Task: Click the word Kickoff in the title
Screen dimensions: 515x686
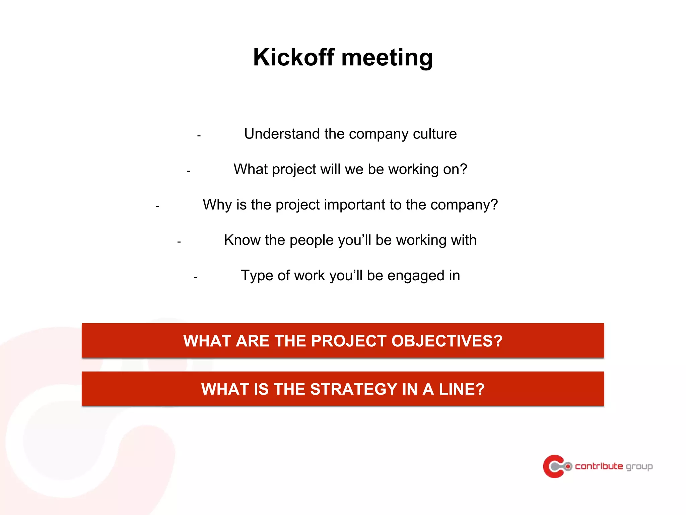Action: tap(293, 57)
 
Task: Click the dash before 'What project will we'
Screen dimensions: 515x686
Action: tap(188, 171)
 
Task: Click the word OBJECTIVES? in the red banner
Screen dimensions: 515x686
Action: tap(447, 341)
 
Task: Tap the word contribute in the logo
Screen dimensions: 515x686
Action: tap(599, 466)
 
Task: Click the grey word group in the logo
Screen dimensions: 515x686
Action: tap(639, 467)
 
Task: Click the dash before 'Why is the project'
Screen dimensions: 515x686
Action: tap(157, 207)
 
